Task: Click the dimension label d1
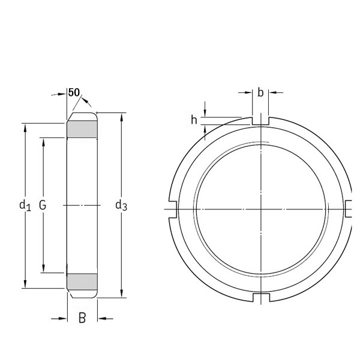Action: (25, 206)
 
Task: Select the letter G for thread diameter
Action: (43, 205)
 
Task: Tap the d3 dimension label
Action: (121, 206)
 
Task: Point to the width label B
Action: (82, 318)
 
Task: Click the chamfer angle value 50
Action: (74, 92)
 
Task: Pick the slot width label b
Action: (260, 92)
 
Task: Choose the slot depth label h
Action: (194, 120)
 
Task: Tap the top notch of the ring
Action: (260, 121)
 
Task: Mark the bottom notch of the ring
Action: (260, 297)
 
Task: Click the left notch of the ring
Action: (172, 208)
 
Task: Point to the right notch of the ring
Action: (349, 208)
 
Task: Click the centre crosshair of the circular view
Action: (260, 208)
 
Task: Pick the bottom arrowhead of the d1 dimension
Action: (25, 284)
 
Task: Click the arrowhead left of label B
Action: (62, 318)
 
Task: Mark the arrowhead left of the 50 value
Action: (63, 94)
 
